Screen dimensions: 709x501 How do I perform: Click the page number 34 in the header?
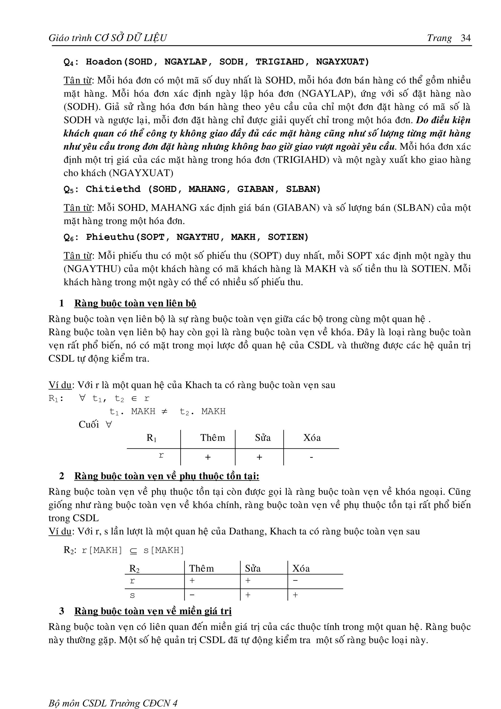[x=466, y=38]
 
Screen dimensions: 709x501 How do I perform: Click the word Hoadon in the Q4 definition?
[x=104, y=62]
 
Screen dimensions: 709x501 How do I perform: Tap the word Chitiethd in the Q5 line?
[x=113, y=189]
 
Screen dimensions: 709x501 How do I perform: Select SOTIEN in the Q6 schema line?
[x=288, y=237]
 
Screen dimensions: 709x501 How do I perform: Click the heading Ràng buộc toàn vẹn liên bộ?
[x=135, y=303]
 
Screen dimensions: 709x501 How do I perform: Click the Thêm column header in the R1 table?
[x=212, y=438]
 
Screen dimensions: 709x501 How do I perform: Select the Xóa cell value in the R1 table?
[x=311, y=457]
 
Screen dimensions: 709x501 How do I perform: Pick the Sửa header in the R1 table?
[x=263, y=438]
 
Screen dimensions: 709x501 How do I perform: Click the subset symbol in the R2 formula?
[x=133, y=550]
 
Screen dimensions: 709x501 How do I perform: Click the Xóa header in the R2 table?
[x=301, y=569]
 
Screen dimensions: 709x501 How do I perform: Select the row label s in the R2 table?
[x=132, y=595]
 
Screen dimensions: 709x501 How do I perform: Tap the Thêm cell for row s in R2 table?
[x=192, y=595]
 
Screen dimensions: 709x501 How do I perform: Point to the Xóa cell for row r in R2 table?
[x=296, y=581]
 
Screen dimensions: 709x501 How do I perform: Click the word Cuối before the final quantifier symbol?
[x=89, y=424]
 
